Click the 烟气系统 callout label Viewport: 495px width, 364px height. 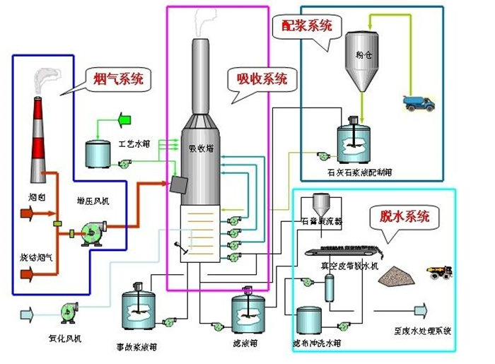tap(118, 79)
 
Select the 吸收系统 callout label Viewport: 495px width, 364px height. tap(262, 79)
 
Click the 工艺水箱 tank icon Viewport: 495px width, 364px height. tap(98, 151)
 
